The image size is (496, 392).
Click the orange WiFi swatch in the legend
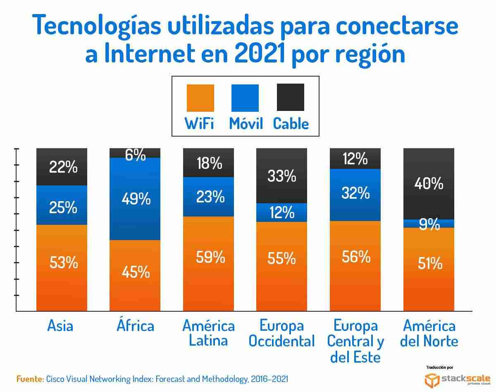[200, 98]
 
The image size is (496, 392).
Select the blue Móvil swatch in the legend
[245, 98]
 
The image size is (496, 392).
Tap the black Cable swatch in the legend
[290, 97]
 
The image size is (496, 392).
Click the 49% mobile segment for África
[135, 199]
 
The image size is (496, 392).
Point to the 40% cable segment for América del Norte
[429, 183]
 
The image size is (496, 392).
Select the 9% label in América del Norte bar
[429, 224]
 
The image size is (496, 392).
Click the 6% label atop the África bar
[136, 155]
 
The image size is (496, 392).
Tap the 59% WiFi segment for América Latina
[209, 263]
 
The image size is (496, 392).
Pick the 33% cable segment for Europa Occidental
[282, 176]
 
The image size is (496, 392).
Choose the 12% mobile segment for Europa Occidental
[282, 213]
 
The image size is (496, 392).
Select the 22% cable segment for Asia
[62, 167]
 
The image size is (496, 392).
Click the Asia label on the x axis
[60, 326]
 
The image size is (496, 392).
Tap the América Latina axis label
[209, 333]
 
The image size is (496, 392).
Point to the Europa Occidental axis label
[282, 333]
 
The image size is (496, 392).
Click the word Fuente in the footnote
[30, 379]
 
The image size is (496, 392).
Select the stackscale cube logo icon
[432, 379]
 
